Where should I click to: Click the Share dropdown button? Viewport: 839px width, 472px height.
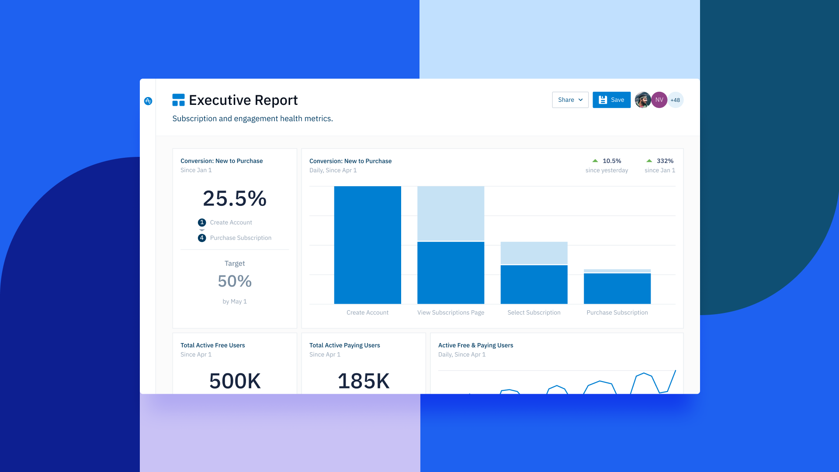point(570,100)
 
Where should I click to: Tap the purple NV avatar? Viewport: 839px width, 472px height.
point(659,100)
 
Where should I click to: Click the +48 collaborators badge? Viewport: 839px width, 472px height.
point(675,100)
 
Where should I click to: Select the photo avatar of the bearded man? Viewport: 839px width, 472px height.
point(643,100)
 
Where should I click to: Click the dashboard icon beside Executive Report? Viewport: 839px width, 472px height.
point(178,100)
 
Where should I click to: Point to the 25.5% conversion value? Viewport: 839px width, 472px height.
point(235,198)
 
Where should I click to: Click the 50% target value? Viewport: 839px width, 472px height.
point(235,281)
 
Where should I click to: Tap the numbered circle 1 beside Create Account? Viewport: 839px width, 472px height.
point(202,222)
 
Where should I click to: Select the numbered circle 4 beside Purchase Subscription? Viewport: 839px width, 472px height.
point(202,238)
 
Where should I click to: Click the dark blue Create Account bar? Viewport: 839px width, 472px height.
point(367,245)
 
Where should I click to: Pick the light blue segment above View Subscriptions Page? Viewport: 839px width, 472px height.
point(451,213)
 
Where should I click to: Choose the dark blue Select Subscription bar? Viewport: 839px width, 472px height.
point(534,285)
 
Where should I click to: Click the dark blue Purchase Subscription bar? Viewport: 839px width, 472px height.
point(617,288)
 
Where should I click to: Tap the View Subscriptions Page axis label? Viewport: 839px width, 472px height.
point(451,312)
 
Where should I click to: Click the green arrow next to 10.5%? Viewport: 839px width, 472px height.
point(595,161)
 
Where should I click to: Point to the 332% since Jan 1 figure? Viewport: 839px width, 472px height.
point(665,161)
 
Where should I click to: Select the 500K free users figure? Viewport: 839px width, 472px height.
point(235,381)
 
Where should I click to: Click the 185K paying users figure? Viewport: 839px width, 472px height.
point(364,381)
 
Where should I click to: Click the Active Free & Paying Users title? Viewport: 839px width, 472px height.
point(475,345)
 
